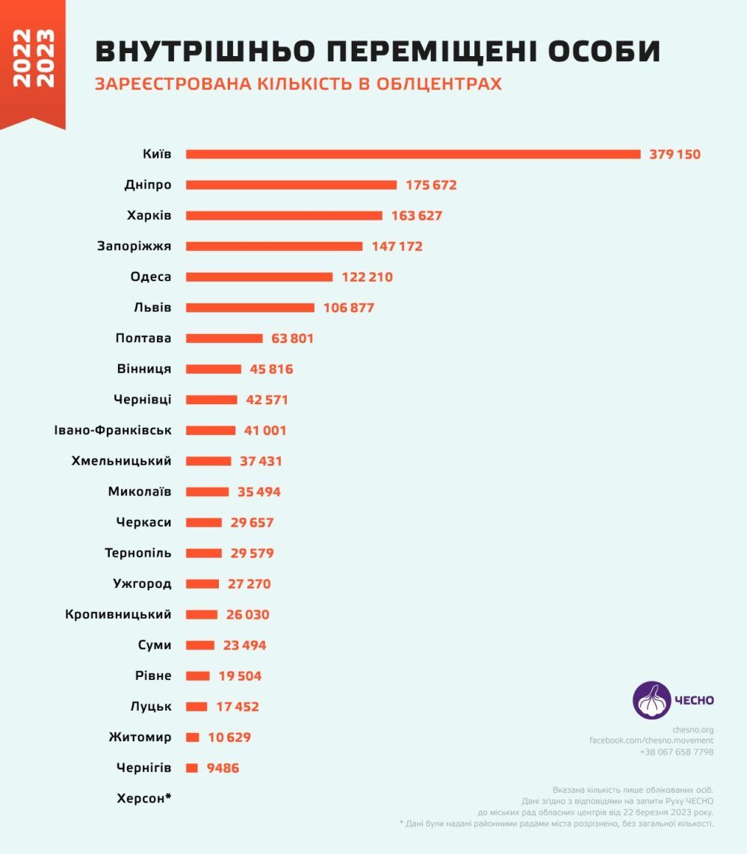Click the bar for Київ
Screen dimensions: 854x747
(x=413, y=154)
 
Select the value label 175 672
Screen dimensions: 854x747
(x=431, y=185)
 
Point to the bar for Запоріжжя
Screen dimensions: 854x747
(x=274, y=246)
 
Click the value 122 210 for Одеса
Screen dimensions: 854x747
(x=367, y=277)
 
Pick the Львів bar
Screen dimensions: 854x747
(x=250, y=308)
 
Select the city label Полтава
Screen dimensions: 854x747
(x=143, y=338)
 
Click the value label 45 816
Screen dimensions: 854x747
(x=271, y=369)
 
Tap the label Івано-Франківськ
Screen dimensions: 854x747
(x=113, y=430)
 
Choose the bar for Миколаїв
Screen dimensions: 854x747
(x=208, y=492)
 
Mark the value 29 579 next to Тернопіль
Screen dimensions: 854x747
(x=252, y=554)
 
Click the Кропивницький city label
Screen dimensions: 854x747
(x=118, y=615)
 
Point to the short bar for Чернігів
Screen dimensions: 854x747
(x=192, y=768)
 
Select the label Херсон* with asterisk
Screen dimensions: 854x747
(x=144, y=799)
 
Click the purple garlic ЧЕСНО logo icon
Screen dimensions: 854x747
(x=651, y=701)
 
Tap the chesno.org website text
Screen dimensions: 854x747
(x=692, y=729)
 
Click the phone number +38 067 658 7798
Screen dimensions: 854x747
(x=676, y=752)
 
